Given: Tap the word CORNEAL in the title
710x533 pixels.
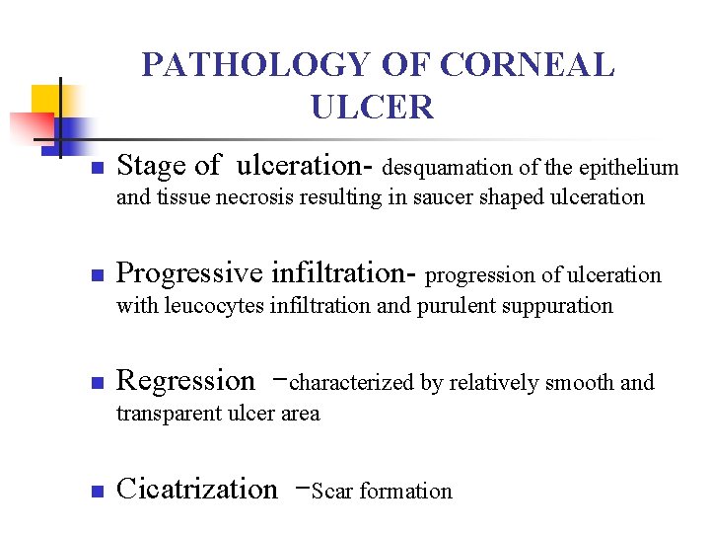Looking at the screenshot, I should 528,65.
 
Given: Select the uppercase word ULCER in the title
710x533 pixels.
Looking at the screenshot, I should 372,107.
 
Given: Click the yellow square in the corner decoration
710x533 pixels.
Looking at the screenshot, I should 48,101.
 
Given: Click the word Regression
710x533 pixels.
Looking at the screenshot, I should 184,381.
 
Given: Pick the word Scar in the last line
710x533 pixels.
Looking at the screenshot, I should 331,491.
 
